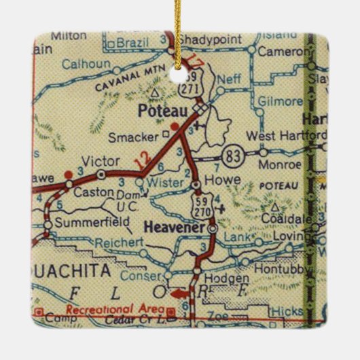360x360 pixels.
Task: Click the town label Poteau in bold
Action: [x=157, y=109]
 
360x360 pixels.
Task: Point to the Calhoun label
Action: [x=85, y=65]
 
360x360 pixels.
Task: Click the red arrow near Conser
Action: [x=179, y=293]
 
